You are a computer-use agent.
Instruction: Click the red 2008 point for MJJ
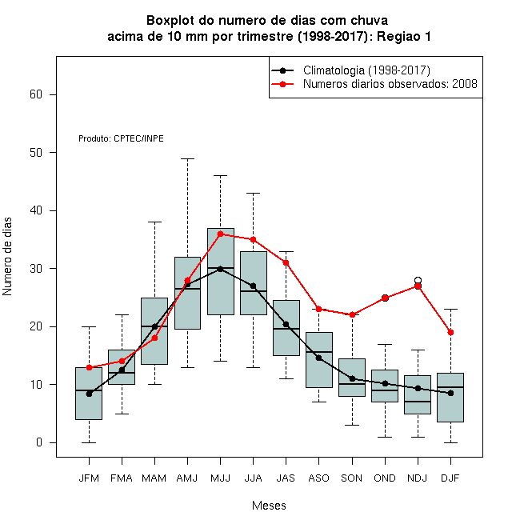coord(220,234)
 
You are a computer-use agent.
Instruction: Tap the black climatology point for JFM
coord(90,394)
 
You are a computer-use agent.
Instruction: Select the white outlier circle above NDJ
coord(418,280)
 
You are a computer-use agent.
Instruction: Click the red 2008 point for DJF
coord(450,332)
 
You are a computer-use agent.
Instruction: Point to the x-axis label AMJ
coord(187,478)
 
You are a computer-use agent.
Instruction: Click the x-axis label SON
coord(352,478)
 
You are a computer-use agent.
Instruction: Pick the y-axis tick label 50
coord(36,153)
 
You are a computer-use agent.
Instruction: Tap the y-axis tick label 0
coord(39,442)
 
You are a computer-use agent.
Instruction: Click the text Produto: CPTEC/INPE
coord(121,138)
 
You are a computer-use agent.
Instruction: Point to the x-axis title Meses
coord(269,506)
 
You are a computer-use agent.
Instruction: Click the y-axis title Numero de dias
coord(7,257)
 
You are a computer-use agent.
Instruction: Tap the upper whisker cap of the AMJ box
coord(188,158)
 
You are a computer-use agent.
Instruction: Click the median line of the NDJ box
coord(418,402)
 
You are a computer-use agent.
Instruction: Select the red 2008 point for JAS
coord(286,262)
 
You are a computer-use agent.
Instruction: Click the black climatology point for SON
coord(352,378)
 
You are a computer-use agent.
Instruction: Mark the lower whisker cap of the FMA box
coord(122,414)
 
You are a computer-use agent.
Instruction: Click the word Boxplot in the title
coord(170,21)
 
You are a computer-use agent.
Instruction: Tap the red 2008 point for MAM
coord(154,338)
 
